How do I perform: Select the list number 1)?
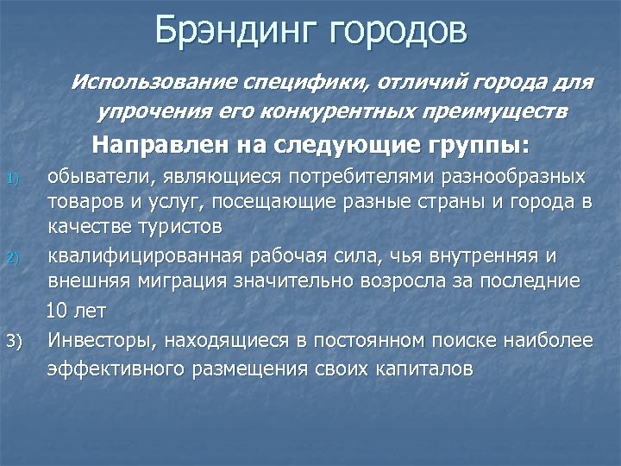tap(12, 179)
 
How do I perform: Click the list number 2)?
tap(12, 257)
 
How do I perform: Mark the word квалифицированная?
tap(146, 256)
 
